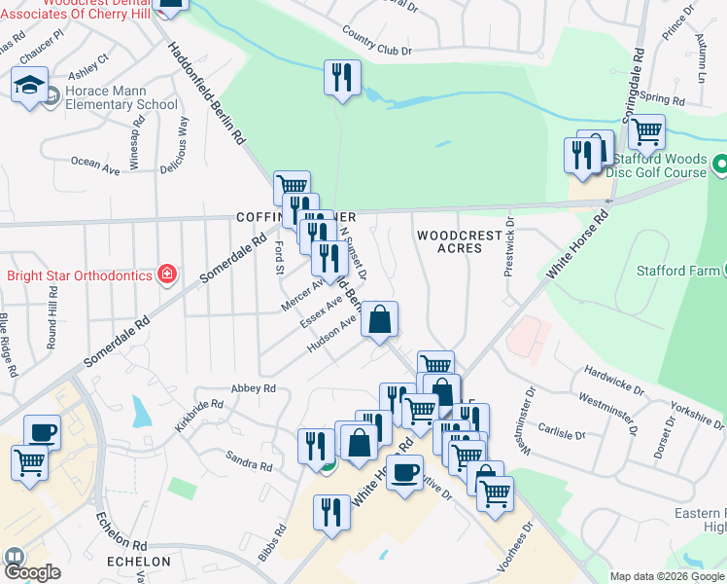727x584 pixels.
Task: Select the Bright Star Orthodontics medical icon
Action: click(167, 274)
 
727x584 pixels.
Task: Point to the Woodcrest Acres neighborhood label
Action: click(460, 241)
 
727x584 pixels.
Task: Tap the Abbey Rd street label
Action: click(254, 388)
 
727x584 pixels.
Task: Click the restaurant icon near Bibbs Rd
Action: click(332, 512)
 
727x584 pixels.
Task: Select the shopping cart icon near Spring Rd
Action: click(646, 130)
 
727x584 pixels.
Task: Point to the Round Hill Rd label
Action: click(52, 310)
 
